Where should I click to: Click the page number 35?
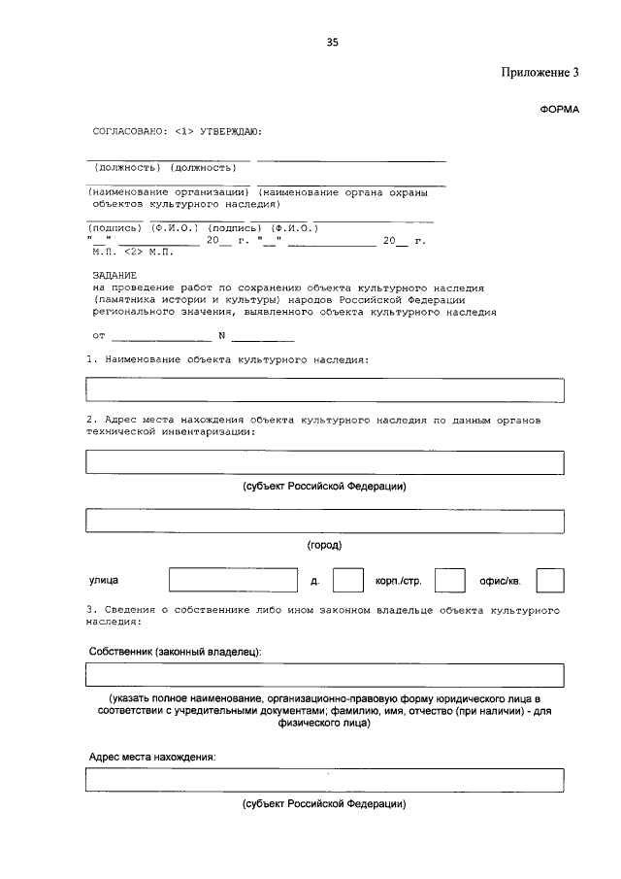[x=333, y=43]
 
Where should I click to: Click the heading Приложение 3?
[x=539, y=73]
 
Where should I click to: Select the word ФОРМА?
[x=559, y=109]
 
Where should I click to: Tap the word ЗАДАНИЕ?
[x=114, y=276]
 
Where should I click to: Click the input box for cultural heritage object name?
[x=324, y=389]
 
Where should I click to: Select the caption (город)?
[x=324, y=545]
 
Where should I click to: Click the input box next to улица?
[x=233, y=581]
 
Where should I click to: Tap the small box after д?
[x=347, y=581]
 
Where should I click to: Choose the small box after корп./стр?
[x=449, y=581]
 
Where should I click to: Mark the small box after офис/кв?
[x=550, y=581]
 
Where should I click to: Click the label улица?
[x=104, y=582]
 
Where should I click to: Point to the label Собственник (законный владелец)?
[x=176, y=651]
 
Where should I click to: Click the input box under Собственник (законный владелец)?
[x=324, y=674]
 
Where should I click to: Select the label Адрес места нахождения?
[x=151, y=756]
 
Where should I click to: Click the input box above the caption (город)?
[x=324, y=521]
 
